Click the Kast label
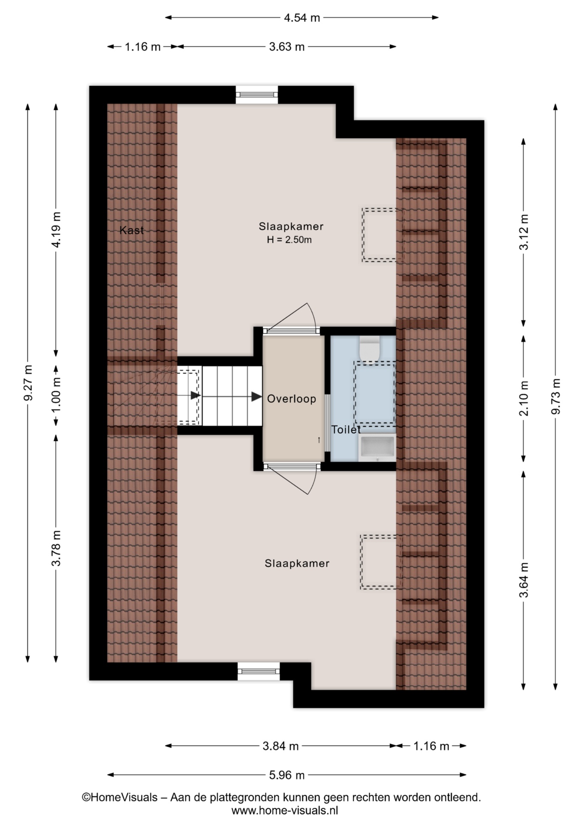[131, 230]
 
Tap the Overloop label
[291, 399]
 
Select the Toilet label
[346, 430]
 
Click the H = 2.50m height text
[289, 240]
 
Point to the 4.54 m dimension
[302, 18]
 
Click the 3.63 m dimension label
[286, 47]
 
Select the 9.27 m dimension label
[28, 382]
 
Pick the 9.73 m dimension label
[556, 396]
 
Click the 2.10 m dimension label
[524, 398]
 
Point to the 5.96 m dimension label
[286, 775]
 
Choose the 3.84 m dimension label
[280, 746]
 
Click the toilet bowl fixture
[369, 348]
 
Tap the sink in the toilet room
[377, 448]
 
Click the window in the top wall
[257, 95]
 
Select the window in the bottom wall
[259, 671]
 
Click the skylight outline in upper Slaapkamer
[383, 235]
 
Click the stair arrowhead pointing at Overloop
[256, 397]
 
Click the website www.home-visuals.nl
[285, 810]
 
